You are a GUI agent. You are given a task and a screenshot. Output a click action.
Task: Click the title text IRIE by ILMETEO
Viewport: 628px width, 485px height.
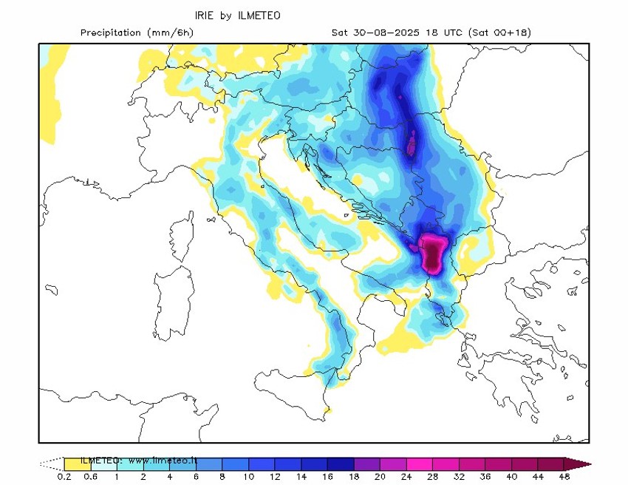[237, 16]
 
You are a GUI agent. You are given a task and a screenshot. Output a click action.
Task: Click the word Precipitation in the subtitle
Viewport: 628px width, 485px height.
[110, 33]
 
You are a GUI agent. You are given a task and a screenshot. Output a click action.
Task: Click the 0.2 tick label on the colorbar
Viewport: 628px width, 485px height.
[64, 477]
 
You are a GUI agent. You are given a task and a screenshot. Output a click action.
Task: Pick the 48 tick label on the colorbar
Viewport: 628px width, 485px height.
[565, 477]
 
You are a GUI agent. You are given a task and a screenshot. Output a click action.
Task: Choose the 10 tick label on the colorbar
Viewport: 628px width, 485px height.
[249, 477]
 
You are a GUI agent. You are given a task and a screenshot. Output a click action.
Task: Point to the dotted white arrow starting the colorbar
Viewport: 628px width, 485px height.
[51, 464]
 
